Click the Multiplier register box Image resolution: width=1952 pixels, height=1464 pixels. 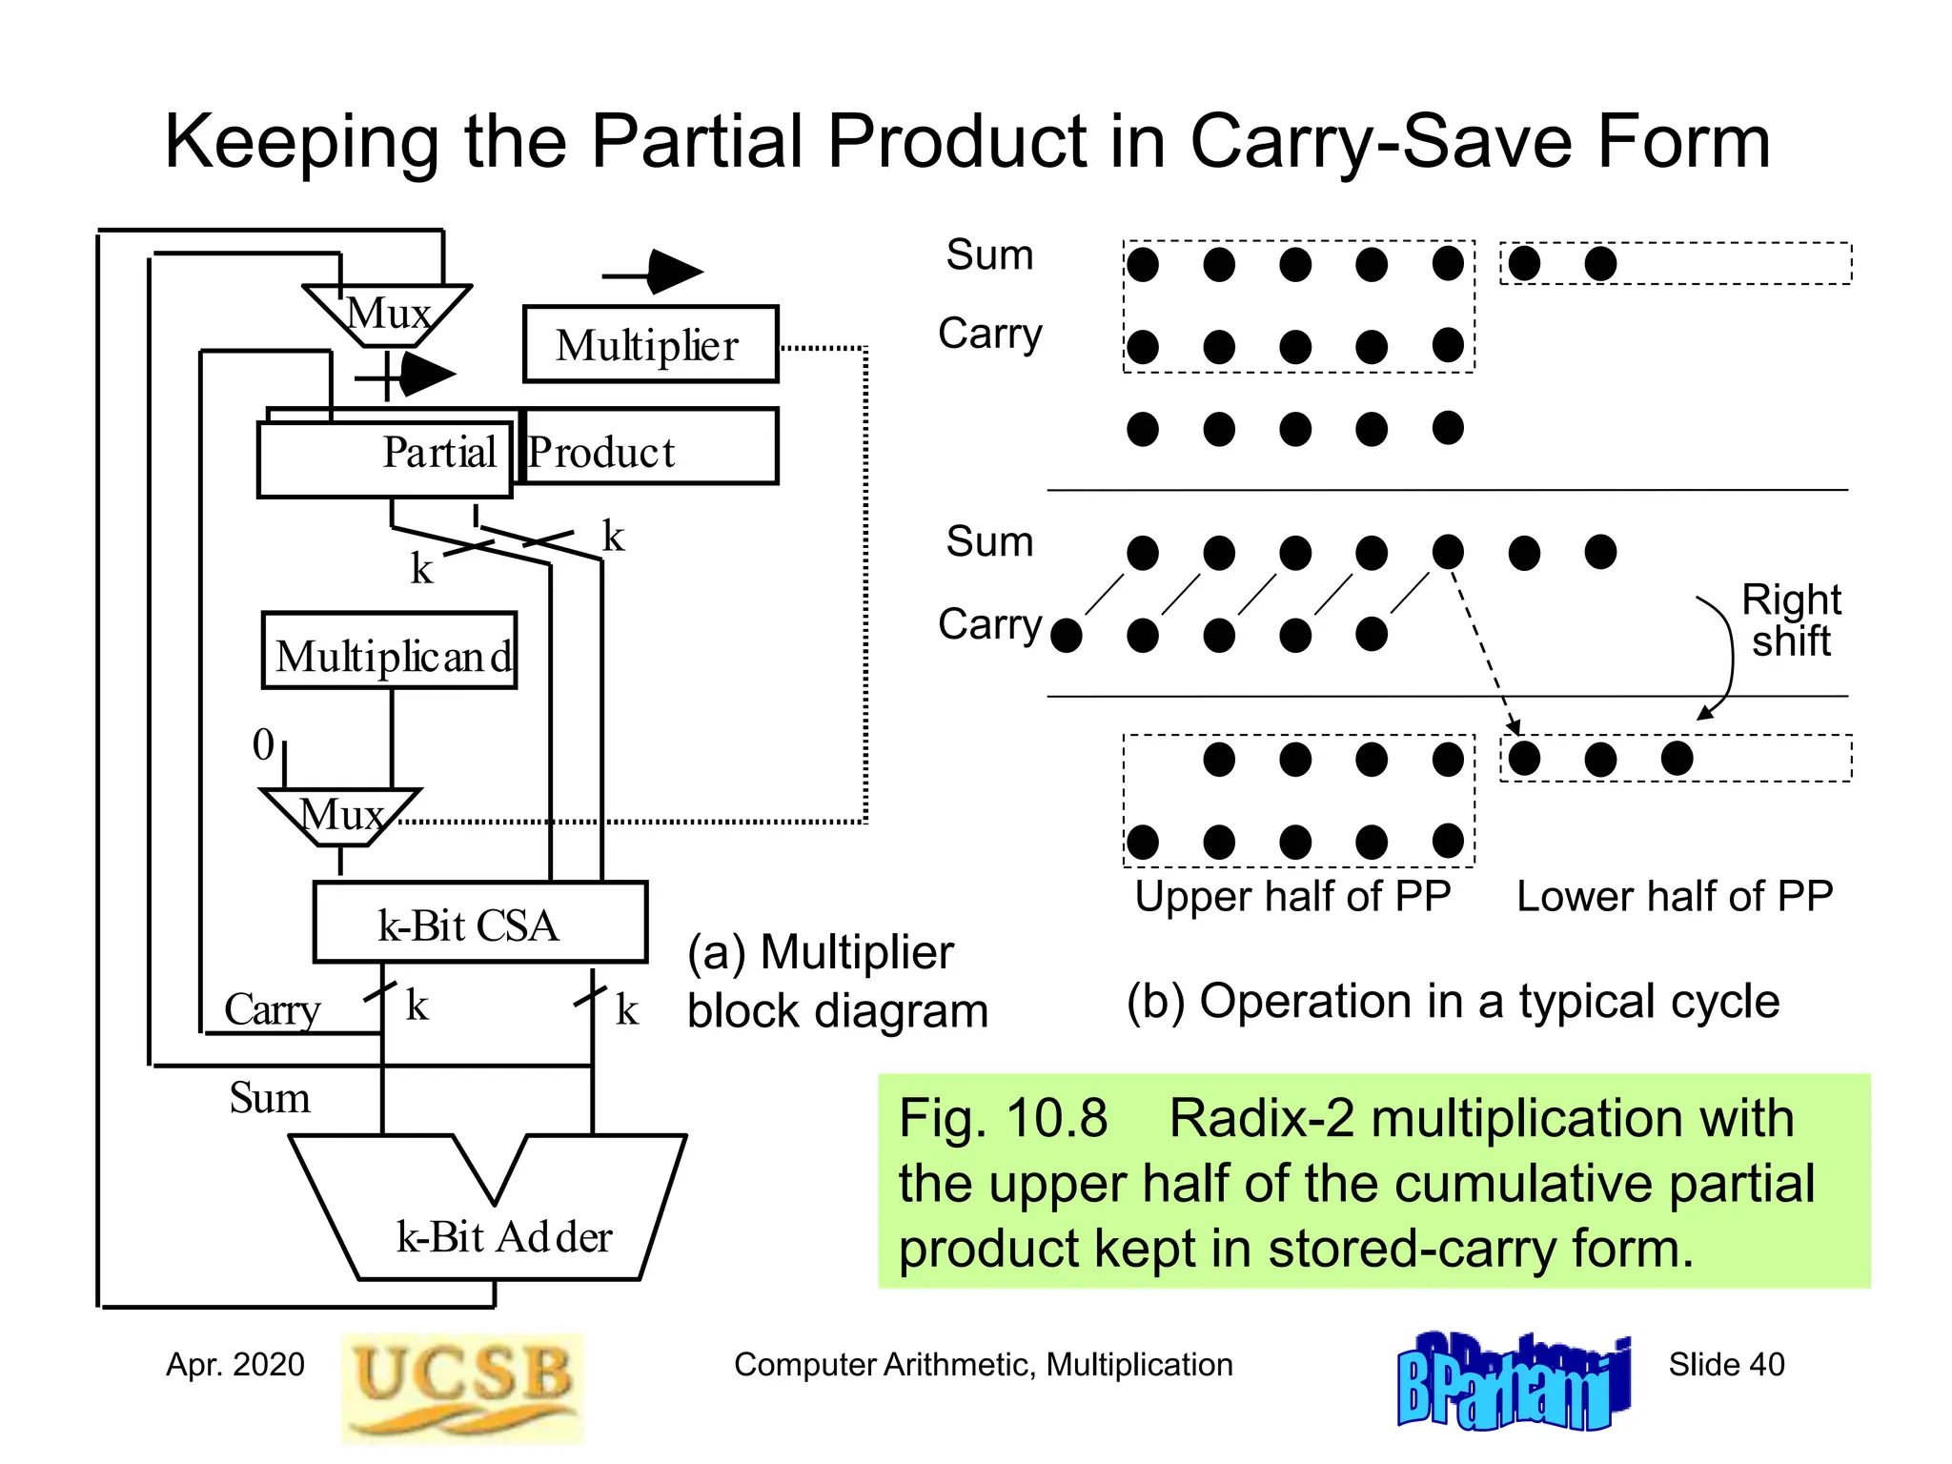[x=650, y=345]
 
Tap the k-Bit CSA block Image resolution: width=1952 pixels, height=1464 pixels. [x=479, y=924]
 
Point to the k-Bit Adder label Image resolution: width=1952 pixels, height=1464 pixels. [x=503, y=1237]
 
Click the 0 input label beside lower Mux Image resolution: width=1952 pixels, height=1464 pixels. [x=263, y=744]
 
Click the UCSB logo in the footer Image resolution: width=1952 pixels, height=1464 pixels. [x=462, y=1388]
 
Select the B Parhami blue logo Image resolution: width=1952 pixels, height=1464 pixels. [x=1514, y=1382]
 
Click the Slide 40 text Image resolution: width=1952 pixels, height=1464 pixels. [x=1725, y=1365]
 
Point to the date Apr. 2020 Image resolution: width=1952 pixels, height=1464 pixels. [x=235, y=1365]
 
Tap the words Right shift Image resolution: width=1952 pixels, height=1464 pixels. [x=1790, y=620]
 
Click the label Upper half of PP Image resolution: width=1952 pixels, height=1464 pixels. [x=1292, y=897]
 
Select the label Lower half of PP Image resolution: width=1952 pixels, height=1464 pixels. [x=1675, y=897]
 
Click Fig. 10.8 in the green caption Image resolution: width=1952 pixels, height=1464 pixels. [x=1003, y=1119]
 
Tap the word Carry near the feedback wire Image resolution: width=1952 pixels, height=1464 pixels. [x=273, y=1009]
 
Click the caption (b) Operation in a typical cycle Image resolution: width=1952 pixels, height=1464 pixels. [x=1453, y=1002]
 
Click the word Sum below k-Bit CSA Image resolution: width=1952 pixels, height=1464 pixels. [x=270, y=1097]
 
